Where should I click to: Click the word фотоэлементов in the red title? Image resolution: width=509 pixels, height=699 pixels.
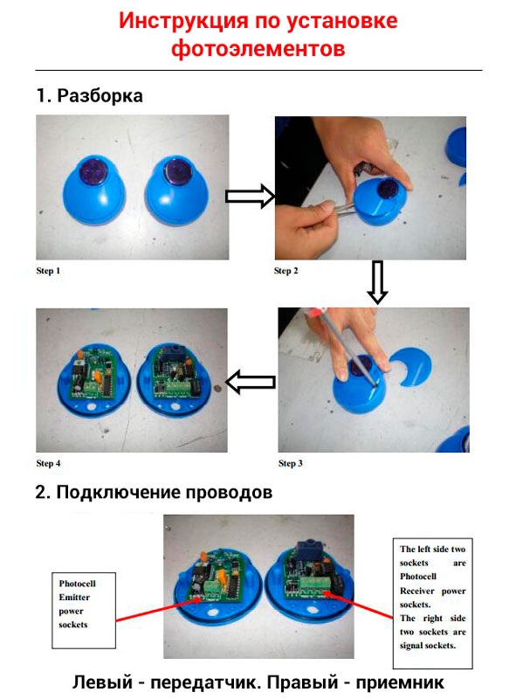tap(258, 48)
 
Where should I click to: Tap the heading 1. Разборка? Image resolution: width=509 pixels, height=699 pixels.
tap(90, 96)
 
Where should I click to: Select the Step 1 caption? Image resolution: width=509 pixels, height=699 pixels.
tap(48, 271)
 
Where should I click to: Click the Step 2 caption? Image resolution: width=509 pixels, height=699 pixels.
tap(285, 271)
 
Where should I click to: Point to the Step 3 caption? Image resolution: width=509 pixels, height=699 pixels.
tap(291, 463)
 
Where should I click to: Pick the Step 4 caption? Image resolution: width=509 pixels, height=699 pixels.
tap(48, 463)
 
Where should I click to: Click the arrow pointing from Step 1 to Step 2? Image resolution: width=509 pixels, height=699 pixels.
tap(251, 196)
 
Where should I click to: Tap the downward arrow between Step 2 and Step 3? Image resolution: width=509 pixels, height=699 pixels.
tap(377, 282)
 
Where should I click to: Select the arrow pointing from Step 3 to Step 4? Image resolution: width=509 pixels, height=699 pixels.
tap(251, 382)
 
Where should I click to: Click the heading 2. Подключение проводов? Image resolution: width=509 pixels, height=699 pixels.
tap(154, 493)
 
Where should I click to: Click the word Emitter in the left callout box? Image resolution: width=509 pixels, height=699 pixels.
tap(74, 598)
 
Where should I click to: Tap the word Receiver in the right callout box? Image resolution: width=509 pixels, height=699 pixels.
tap(416, 591)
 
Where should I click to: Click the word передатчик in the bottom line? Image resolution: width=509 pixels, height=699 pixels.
tap(205, 682)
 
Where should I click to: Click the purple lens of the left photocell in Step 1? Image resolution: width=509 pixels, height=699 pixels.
tap(93, 170)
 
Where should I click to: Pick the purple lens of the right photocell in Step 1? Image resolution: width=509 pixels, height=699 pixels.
tap(178, 170)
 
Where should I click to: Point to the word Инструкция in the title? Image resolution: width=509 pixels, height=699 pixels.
tap(183, 20)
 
